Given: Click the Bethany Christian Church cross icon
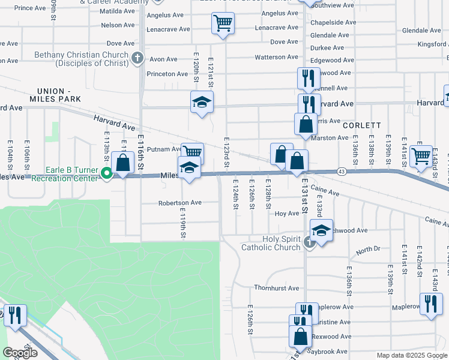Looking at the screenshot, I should pyautogui.click(x=137, y=58).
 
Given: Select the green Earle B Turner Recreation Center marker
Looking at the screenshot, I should pyautogui.click(x=107, y=174).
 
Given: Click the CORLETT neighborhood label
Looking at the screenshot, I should pyautogui.click(x=362, y=125).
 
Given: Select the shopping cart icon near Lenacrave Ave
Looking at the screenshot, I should pyautogui.click(x=223, y=24).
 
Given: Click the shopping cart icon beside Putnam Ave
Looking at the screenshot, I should pyautogui.click(x=193, y=152).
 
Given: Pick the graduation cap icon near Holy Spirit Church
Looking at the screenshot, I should pyautogui.click(x=322, y=231).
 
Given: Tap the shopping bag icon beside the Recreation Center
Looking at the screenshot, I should pyautogui.click(x=122, y=163).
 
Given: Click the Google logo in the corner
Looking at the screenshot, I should pyautogui.click(x=20, y=352).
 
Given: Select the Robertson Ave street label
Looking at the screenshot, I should pyautogui.click(x=179, y=203).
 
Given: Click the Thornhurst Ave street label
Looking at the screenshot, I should pyautogui.click(x=276, y=288).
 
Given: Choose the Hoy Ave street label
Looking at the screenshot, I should pyautogui.click(x=286, y=214).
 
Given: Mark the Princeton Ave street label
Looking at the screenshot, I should pyautogui.click(x=167, y=74).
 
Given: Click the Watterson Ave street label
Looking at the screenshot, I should pyautogui.click(x=276, y=57).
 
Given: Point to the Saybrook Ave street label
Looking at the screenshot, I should pyautogui.click(x=329, y=351).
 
